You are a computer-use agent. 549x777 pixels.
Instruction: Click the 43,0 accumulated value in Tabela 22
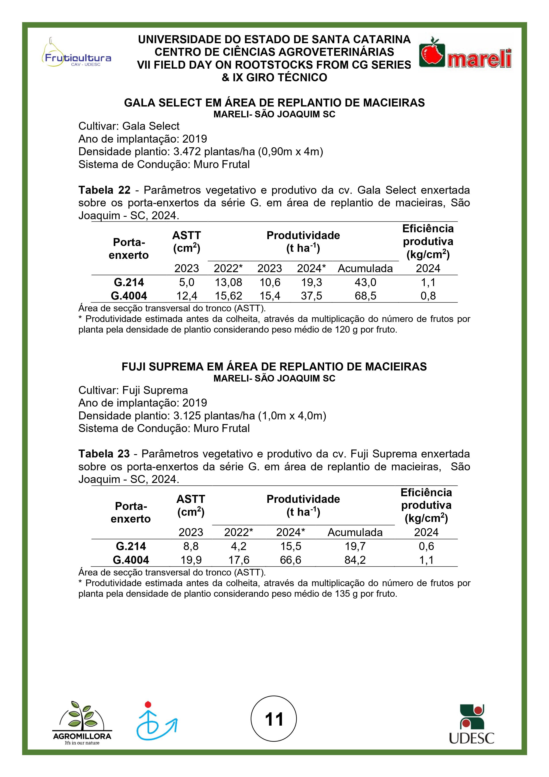pyautogui.click(x=365, y=282)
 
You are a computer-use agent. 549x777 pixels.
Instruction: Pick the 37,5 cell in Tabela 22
pyautogui.click(x=311, y=296)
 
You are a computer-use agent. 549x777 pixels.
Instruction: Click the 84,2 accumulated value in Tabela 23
pyautogui.click(x=355, y=560)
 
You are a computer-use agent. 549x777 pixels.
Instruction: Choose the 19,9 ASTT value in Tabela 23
pyautogui.click(x=191, y=560)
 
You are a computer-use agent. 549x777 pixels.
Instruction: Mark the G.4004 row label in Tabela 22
pyautogui.click(x=129, y=296)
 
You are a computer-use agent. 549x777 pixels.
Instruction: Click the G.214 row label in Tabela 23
pyautogui.click(x=131, y=546)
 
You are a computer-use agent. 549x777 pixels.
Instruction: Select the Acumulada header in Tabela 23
pyautogui.click(x=355, y=532)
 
